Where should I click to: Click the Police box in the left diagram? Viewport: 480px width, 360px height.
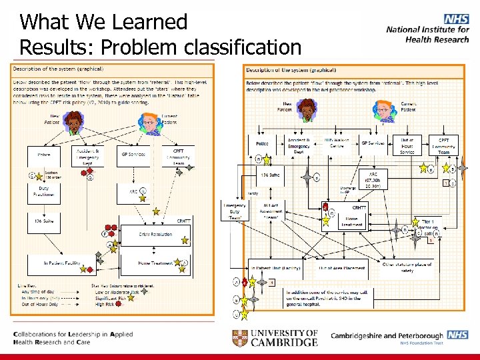pyautogui.click(x=43, y=155)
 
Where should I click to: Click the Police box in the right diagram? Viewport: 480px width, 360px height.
pyautogui.click(x=263, y=143)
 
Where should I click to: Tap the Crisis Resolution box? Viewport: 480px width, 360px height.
pyautogui.click(x=155, y=234)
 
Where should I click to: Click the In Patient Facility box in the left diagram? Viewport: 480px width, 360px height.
pyautogui.click(x=63, y=263)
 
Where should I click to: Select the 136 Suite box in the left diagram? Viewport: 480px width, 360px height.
pyautogui.click(x=43, y=221)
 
